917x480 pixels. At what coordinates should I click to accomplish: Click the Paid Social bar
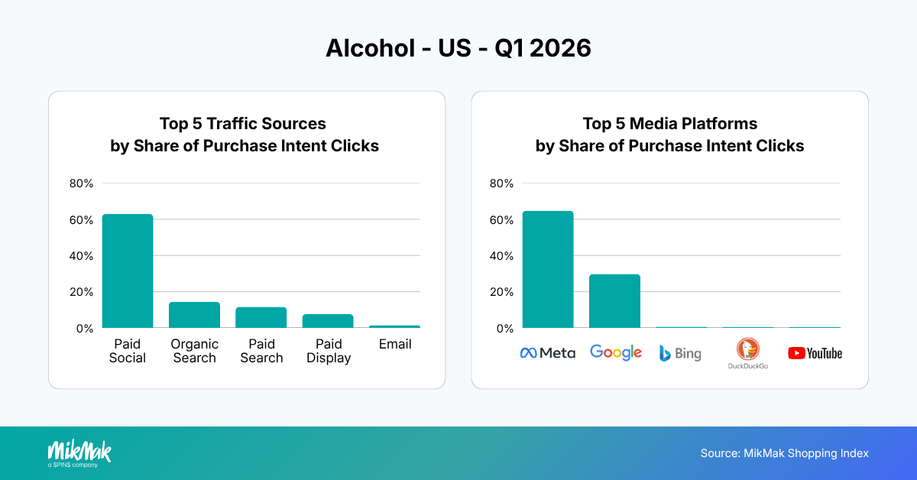pyautogui.click(x=128, y=271)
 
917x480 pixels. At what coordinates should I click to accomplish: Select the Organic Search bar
pyautogui.click(x=194, y=315)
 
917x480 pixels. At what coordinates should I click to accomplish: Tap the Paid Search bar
pyautogui.click(x=261, y=317)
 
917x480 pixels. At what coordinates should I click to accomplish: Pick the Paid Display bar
pyautogui.click(x=328, y=321)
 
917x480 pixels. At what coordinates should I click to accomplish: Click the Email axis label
pyautogui.click(x=395, y=344)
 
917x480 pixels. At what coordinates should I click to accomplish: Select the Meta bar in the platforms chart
pyautogui.click(x=548, y=270)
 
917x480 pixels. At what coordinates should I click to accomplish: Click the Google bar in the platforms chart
pyautogui.click(x=614, y=301)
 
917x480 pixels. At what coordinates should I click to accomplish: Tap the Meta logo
pyautogui.click(x=548, y=353)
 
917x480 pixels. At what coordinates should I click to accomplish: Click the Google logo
pyautogui.click(x=615, y=352)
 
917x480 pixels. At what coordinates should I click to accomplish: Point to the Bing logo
pyautogui.click(x=680, y=353)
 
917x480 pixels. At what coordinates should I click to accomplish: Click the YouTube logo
pyautogui.click(x=815, y=353)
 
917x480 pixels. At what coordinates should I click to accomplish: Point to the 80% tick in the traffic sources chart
pyautogui.click(x=81, y=183)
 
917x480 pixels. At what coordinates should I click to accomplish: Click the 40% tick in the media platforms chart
pyautogui.click(x=501, y=255)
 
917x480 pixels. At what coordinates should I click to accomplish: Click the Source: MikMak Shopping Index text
pyautogui.click(x=784, y=453)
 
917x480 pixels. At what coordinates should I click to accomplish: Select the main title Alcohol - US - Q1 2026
pyautogui.click(x=458, y=48)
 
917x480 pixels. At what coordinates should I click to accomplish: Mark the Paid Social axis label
pyautogui.click(x=127, y=351)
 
